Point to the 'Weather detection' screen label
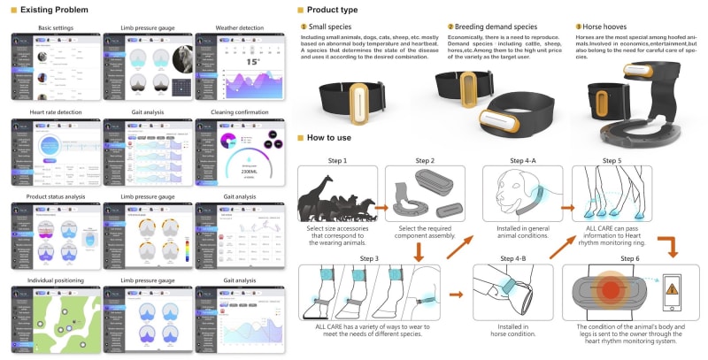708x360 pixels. [230, 28]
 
